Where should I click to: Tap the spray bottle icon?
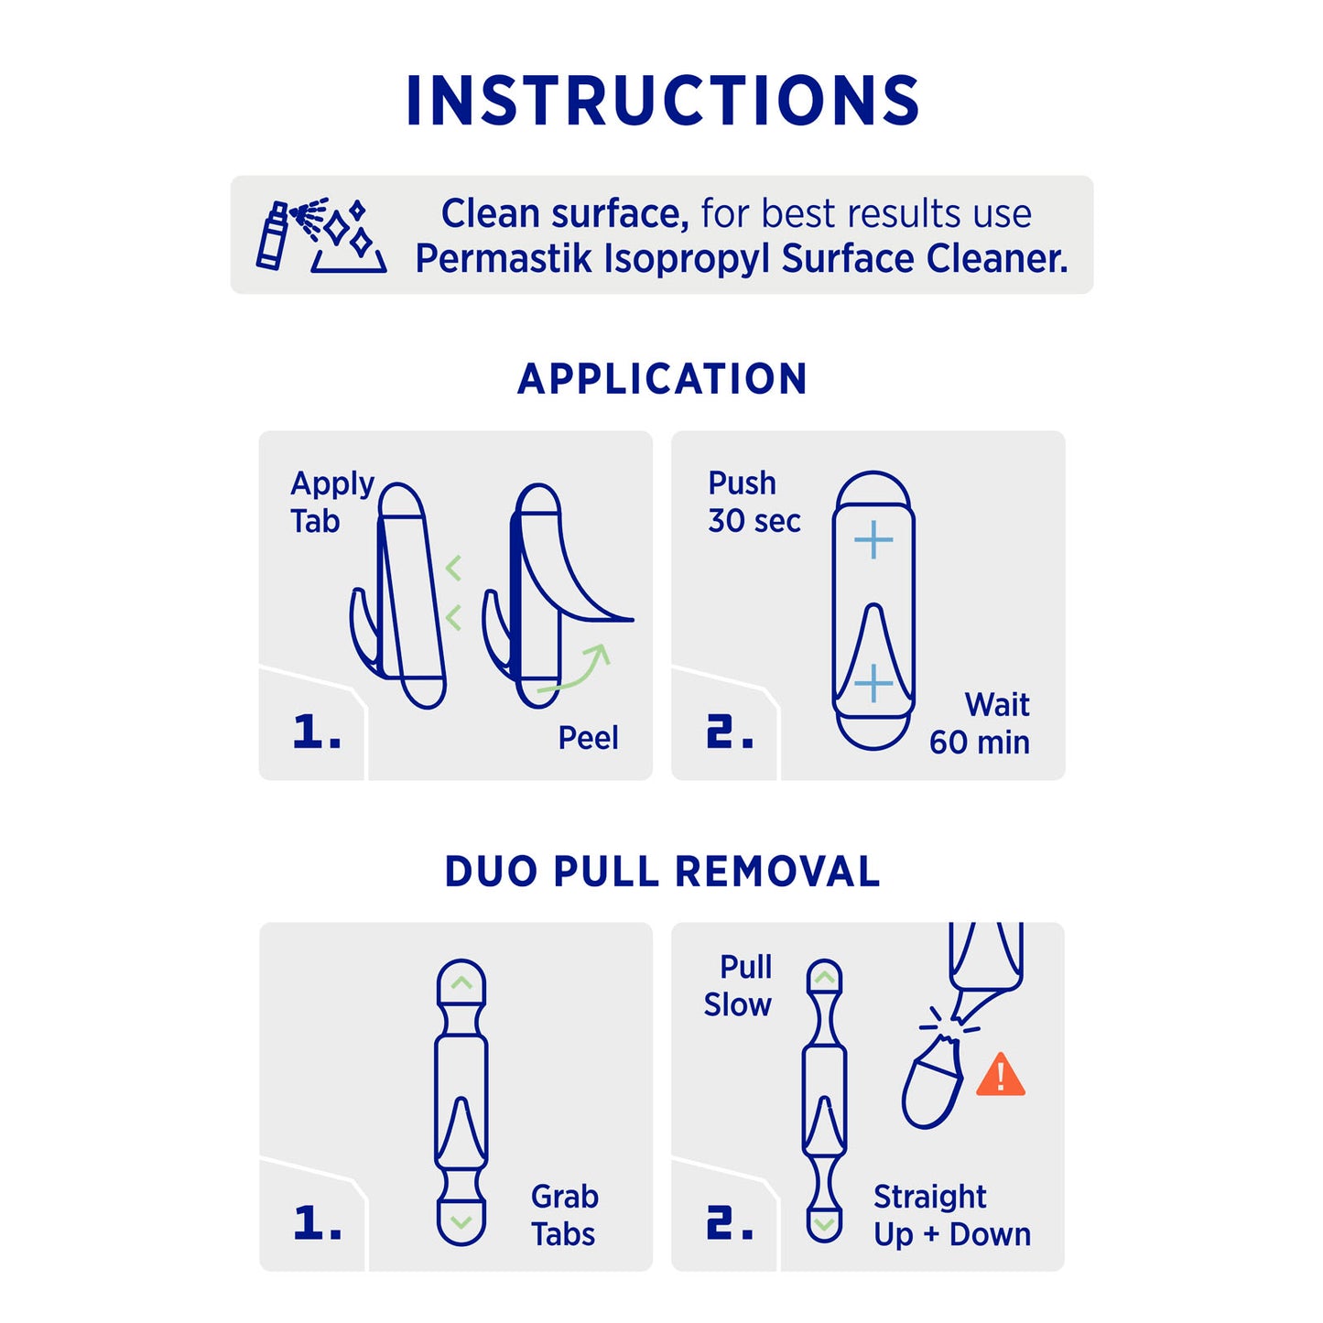click(272, 235)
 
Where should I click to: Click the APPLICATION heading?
click(662, 379)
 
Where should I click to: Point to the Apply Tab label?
click(331, 503)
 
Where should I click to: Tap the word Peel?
click(589, 739)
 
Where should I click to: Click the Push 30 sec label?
click(754, 502)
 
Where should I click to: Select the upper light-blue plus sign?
click(873, 540)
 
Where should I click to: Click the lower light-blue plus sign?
click(873, 683)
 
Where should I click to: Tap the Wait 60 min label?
click(980, 723)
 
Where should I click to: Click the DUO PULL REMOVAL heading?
click(662, 872)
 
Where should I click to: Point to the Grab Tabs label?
click(564, 1216)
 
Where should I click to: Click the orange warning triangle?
click(1001, 1075)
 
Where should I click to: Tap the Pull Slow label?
click(738, 986)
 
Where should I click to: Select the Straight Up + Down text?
click(951, 1216)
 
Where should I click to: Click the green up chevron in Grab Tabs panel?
click(461, 983)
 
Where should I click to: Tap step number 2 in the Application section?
click(730, 732)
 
